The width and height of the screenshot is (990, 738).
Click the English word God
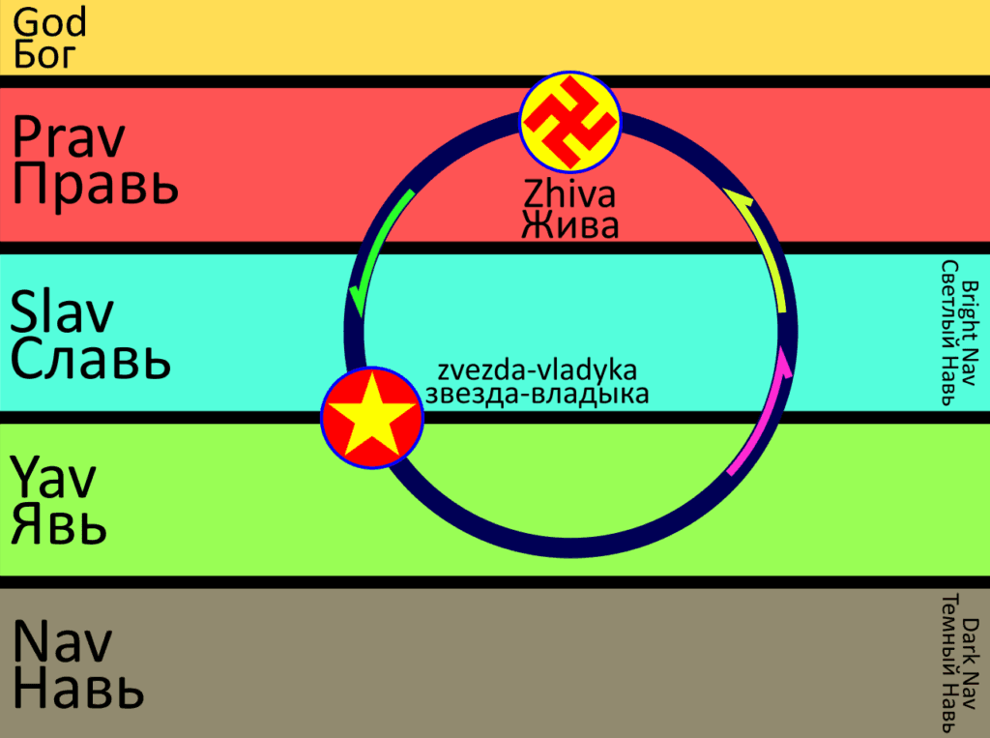point(50,21)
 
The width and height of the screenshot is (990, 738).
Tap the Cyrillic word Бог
point(44,54)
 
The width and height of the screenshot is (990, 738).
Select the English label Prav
point(69,139)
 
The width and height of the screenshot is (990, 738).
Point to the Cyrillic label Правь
point(96,184)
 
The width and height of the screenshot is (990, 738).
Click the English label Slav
point(62,312)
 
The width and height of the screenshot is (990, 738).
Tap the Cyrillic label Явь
point(59,524)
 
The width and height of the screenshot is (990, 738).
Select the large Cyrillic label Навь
point(79,689)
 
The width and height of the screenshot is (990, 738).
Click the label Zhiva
point(569,195)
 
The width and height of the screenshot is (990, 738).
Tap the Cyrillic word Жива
point(569,225)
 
